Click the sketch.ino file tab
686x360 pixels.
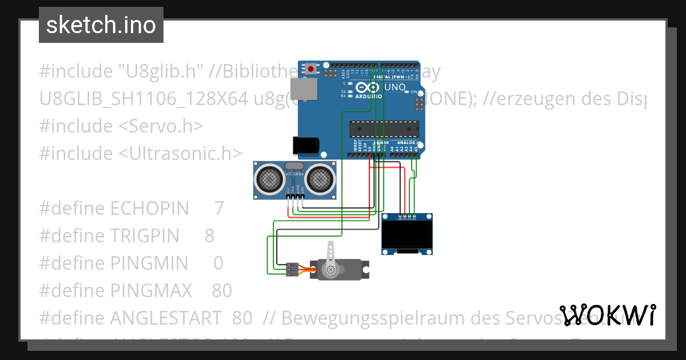pyautogui.click(x=101, y=25)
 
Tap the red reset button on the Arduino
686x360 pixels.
pyautogui.click(x=310, y=69)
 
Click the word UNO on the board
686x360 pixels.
pyautogui.click(x=394, y=87)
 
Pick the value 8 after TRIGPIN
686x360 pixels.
pyautogui.click(x=209, y=235)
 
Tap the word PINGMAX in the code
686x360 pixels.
pyautogui.click(x=151, y=291)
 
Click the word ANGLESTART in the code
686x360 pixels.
pyautogui.click(x=165, y=318)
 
